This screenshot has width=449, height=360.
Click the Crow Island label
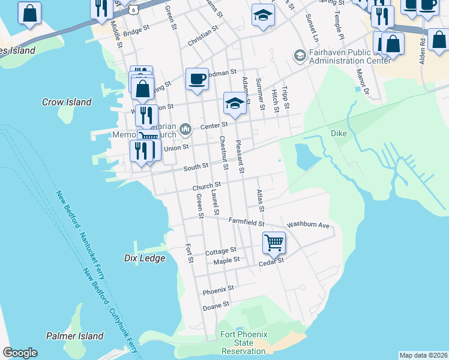67,102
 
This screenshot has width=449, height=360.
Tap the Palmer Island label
75,336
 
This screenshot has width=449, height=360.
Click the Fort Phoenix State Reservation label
243,343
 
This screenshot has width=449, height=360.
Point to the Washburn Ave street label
308,225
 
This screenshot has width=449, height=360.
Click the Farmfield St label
247,222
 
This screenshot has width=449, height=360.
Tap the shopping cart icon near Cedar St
274,242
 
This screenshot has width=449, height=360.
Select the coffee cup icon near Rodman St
197,79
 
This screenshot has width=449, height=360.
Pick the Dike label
339,133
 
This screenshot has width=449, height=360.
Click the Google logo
20,353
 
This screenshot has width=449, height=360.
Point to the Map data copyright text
423,355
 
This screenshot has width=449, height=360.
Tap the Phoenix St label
217,290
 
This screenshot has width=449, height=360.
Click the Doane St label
216,305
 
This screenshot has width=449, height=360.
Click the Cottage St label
220,251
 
